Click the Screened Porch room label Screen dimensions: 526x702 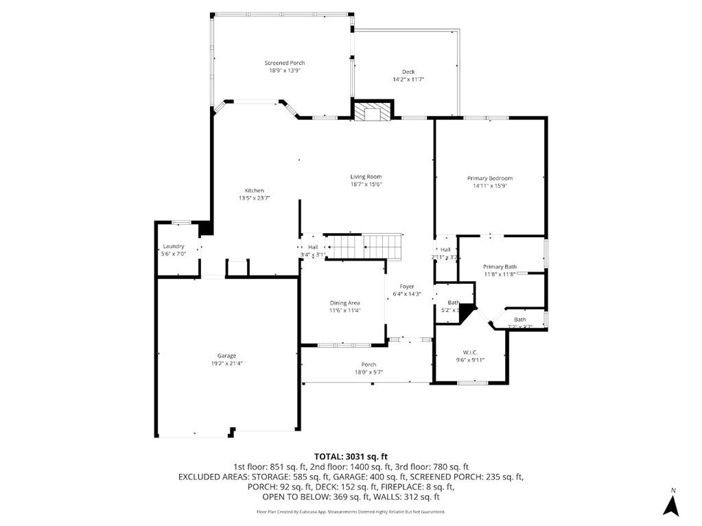tap(284, 63)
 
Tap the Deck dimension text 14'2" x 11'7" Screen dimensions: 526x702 tap(408, 80)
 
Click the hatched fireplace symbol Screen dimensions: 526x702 tap(373, 112)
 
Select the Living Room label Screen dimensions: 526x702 tap(366, 177)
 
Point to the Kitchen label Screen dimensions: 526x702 tap(255, 191)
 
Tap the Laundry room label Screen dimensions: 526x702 tap(173, 246)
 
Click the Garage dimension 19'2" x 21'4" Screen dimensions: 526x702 tap(226, 363)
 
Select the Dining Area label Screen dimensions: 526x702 tap(344, 302)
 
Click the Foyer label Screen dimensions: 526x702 tap(407, 287)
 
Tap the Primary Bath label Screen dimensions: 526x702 tap(500, 267)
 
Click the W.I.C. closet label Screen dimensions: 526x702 tap(470, 352)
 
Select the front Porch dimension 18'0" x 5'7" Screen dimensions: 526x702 tap(368, 372)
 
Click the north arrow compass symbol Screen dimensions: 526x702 tap(670, 504)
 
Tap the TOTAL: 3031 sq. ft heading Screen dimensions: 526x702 tap(351, 456)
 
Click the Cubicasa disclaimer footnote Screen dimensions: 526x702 tap(351, 512)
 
